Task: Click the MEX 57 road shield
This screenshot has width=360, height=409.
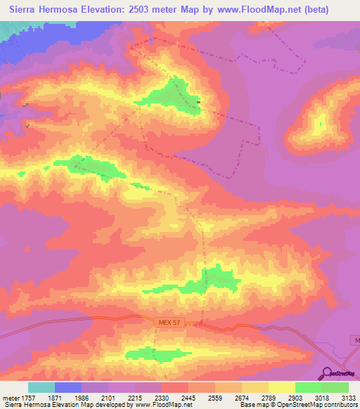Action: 167,322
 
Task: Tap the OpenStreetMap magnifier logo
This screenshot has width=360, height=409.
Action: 326,373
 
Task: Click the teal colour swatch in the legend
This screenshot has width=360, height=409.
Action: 41,387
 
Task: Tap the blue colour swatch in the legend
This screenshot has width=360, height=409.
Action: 68,387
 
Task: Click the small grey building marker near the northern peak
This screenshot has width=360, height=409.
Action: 199,103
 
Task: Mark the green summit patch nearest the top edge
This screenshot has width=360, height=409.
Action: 176,94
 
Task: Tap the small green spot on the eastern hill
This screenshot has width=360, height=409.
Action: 321,124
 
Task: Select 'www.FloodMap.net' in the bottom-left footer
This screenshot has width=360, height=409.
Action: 163,405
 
